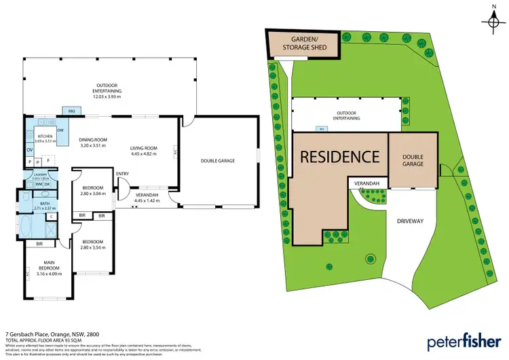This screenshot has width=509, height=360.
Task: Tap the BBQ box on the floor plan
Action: [x=71, y=111]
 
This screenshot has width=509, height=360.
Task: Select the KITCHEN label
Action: [x=45, y=137]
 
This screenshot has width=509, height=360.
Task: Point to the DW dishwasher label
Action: [x=60, y=130]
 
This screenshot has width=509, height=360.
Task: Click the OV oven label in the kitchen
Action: [x=29, y=149]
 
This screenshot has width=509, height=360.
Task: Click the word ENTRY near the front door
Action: [x=122, y=174]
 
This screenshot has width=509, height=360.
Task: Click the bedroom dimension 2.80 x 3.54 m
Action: [x=92, y=247]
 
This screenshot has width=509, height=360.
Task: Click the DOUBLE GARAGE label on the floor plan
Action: [x=219, y=161]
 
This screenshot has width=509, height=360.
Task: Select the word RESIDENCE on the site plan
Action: [x=340, y=156]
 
